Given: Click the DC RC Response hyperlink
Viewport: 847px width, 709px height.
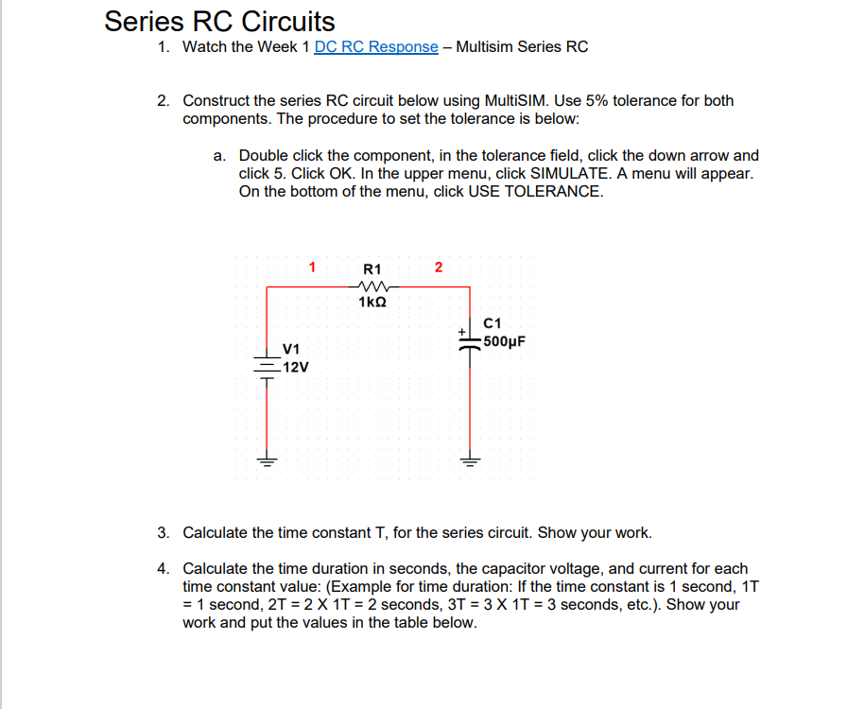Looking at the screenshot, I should point(376,46).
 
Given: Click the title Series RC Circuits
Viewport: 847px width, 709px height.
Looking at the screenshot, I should point(219,21).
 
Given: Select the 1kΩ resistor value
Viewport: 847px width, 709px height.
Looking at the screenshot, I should point(372,303).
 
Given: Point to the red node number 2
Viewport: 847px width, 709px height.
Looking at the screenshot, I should point(438,267).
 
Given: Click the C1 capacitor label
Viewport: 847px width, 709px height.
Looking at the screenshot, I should point(492,324).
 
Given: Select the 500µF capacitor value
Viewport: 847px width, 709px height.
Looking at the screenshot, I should point(502,341).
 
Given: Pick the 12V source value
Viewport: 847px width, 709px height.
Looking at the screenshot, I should point(295,366).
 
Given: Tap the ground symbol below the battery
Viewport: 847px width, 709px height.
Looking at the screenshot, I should point(268,462).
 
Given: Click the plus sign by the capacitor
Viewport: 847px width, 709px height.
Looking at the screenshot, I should point(461,332).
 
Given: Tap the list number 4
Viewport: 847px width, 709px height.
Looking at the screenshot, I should point(164,568).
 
